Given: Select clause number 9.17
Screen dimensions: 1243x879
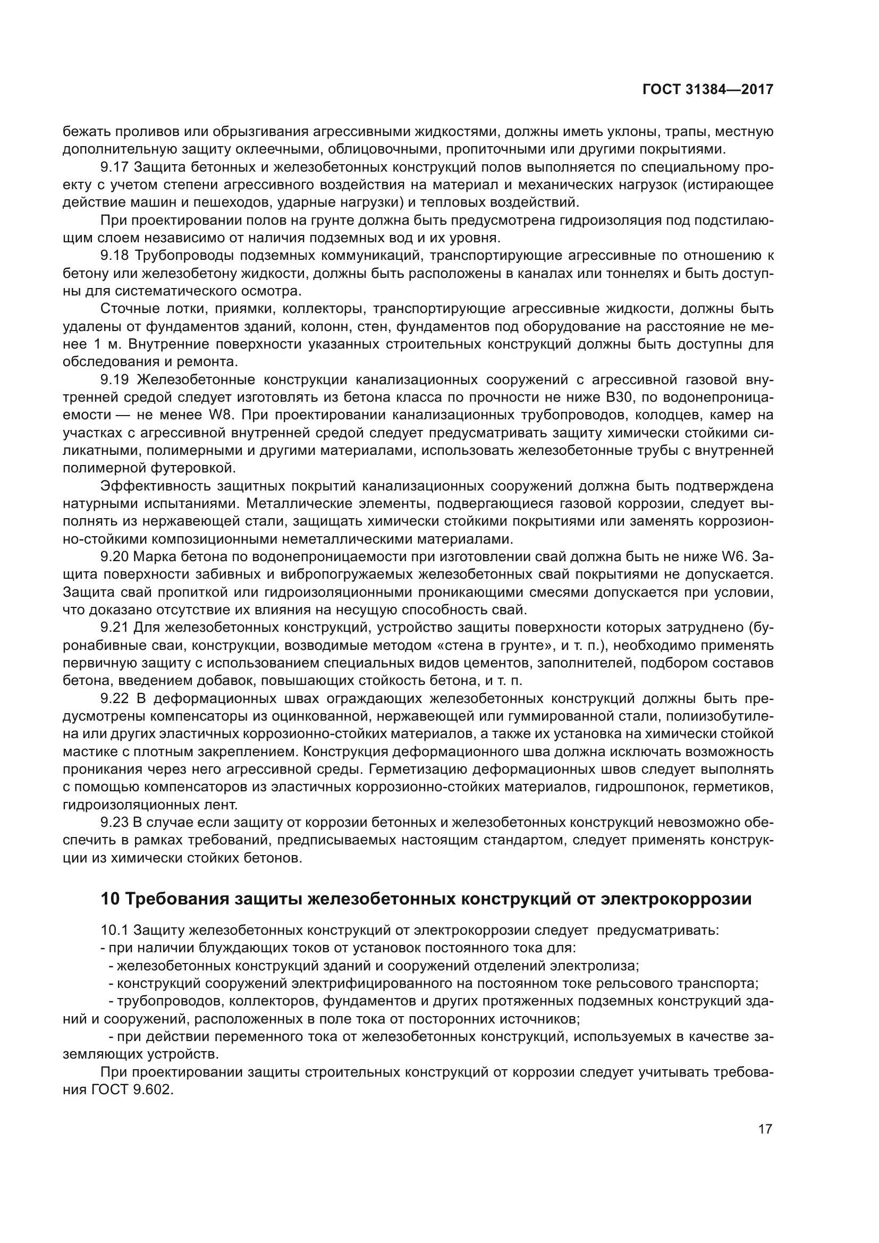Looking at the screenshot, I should tap(114, 167).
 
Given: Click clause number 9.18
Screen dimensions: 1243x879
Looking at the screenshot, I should tap(114, 256).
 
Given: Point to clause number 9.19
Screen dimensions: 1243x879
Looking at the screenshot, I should tap(114, 379).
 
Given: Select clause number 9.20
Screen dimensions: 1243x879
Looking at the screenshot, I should tap(114, 557).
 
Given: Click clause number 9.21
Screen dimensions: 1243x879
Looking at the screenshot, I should tap(114, 628).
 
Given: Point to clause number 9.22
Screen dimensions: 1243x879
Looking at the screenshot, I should tap(114, 699).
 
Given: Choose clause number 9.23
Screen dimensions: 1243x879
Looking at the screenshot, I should tap(114, 823).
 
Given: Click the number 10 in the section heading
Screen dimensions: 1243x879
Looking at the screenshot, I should tap(109, 899).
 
